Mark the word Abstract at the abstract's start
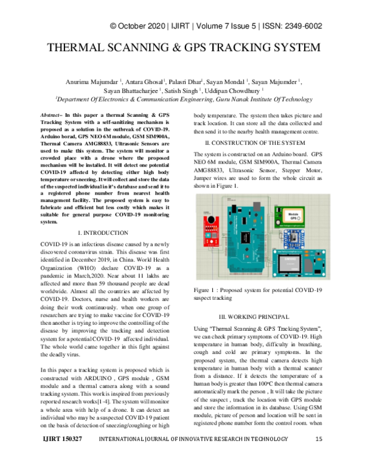(50, 115)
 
